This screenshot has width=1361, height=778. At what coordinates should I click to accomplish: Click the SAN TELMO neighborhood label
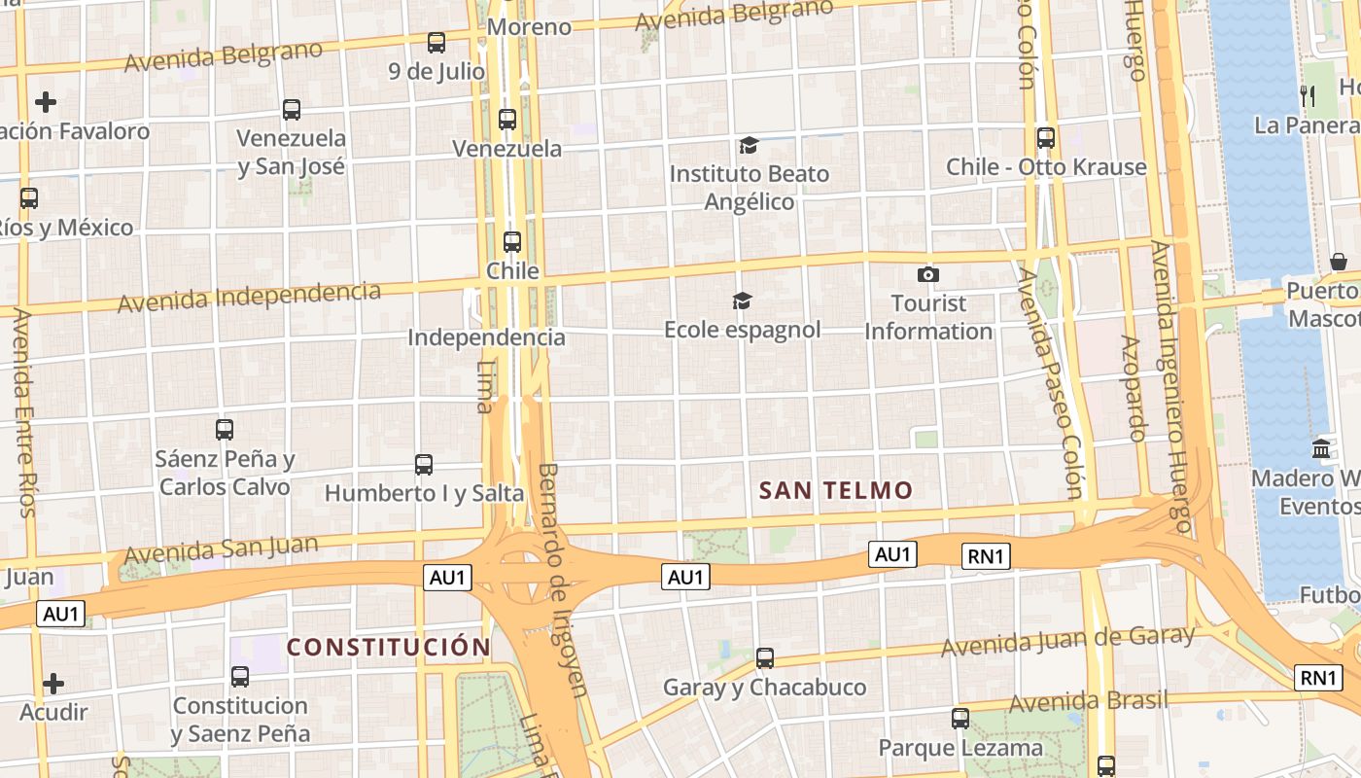[836, 490]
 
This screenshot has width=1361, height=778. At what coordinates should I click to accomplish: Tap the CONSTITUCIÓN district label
[389, 647]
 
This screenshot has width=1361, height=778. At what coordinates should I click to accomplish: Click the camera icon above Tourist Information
[928, 275]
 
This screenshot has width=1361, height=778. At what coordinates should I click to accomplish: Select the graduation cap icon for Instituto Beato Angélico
[748, 146]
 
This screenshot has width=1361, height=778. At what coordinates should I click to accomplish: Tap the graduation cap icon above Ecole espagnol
[742, 301]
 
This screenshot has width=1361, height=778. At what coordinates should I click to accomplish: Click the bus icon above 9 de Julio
[436, 43]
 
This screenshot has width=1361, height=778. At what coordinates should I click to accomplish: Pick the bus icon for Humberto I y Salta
[424, 465]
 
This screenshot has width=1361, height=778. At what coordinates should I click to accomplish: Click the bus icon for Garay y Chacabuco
[765, 658]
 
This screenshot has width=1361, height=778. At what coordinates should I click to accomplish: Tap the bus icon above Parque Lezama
[960, 719]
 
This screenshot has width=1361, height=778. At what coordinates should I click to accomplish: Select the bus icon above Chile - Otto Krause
[1046, 138]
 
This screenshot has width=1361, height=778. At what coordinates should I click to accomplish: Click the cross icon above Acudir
[53, 684]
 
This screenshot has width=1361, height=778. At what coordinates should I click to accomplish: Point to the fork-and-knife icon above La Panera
[1308, 95]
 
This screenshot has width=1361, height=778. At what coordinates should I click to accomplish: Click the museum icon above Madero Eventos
[1321, 449]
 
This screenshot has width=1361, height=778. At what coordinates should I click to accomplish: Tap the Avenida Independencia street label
[249, 296]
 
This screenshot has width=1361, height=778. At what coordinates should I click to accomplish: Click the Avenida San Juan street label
[221, 549]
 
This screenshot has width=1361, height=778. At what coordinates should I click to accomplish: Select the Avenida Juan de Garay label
[1067, 641]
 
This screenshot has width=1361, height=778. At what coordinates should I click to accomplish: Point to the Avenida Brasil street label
[1088, 700]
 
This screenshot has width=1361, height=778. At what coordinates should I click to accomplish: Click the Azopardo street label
[1134, 388]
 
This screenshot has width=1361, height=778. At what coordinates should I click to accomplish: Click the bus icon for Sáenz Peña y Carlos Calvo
[225, 429]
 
